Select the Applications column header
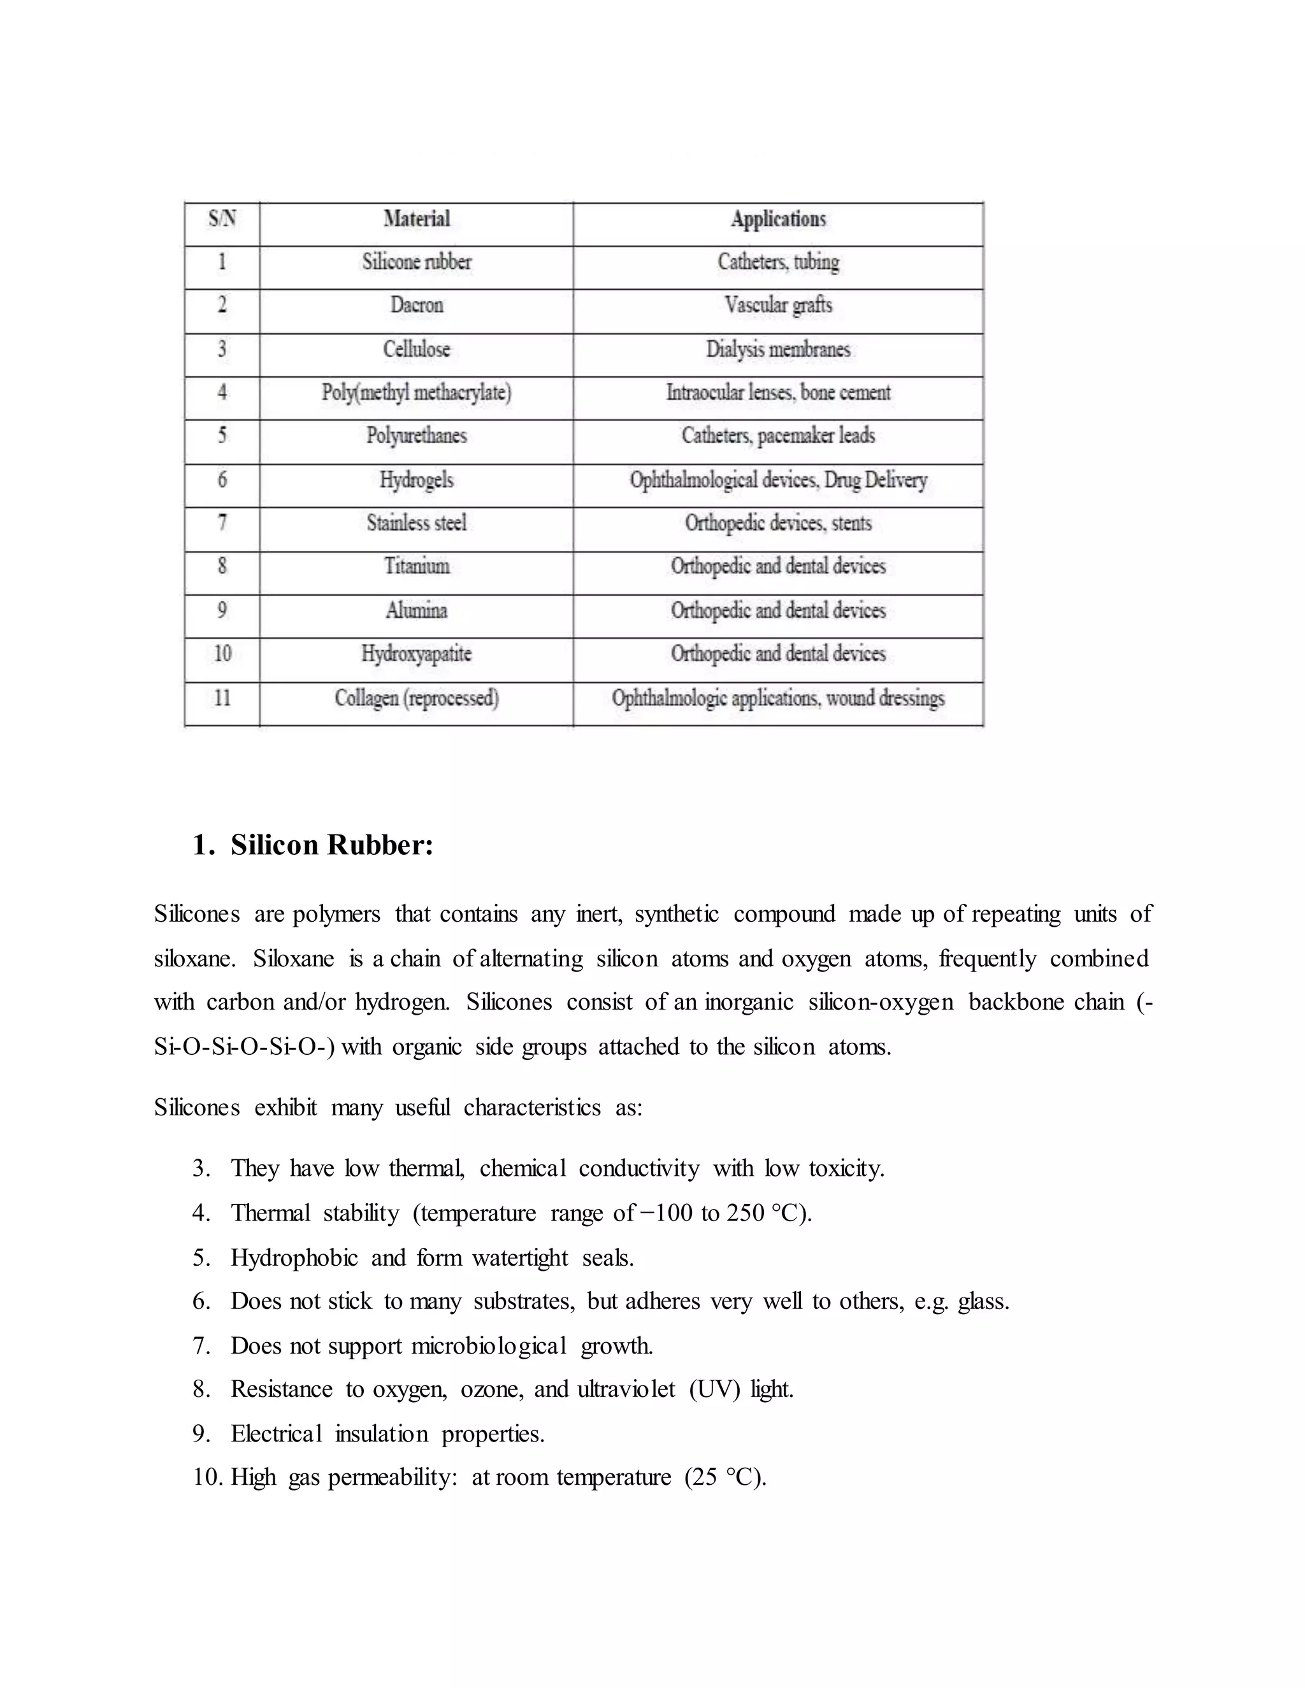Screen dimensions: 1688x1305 (779, 220)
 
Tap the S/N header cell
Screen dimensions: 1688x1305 (222, 220)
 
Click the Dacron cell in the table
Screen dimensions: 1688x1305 (417, 305)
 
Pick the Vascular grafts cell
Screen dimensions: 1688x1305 (779, 305)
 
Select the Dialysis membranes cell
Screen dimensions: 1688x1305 (779, 349)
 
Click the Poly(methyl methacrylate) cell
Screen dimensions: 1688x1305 (417, 392)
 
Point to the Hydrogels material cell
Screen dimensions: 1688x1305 (417, 480)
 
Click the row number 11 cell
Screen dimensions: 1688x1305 (222, 698)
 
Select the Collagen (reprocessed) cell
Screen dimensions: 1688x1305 (417, 699)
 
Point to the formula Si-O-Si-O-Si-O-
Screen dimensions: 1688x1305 (243, 1047)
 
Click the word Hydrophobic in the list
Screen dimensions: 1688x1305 (294, 1257)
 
